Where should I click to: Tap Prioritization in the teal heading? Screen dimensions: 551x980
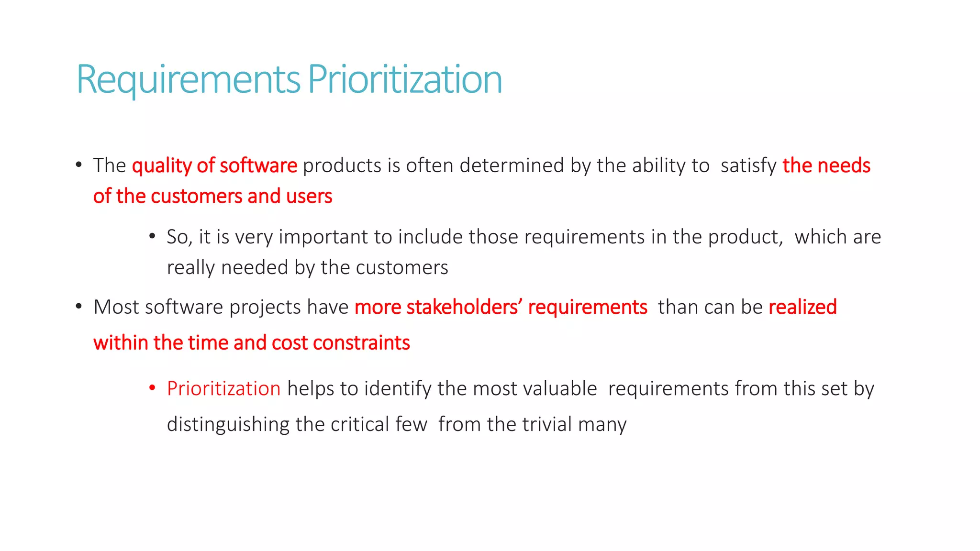click(405, 80)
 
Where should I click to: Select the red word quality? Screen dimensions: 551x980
click(162, 166)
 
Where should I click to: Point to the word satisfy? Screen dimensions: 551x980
click(748, 166)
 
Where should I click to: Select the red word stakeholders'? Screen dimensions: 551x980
click(464, 307)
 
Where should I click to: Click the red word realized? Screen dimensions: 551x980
click(802, 307)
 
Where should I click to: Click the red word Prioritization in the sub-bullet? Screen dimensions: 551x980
click(223, 388)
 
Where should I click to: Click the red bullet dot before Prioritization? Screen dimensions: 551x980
click(152, 387)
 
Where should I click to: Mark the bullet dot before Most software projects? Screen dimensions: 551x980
click(79, 306)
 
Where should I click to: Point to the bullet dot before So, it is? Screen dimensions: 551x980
click(152, 236)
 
